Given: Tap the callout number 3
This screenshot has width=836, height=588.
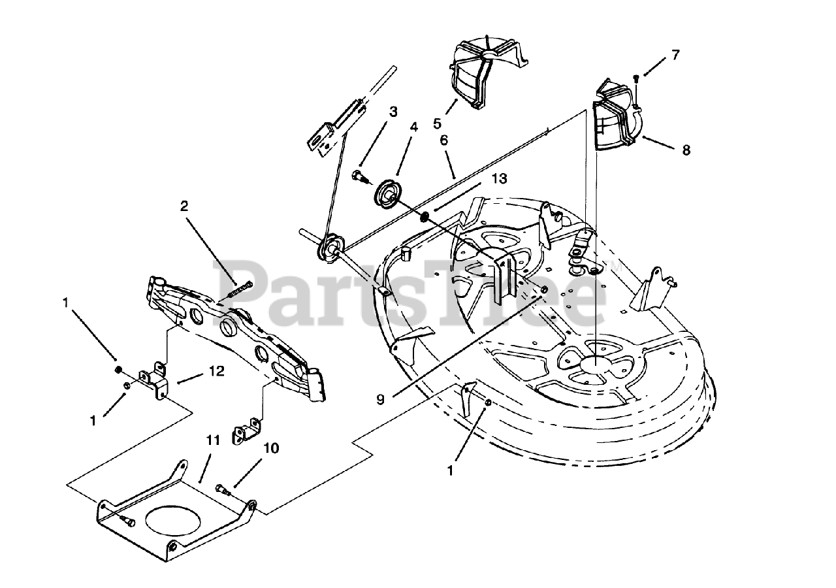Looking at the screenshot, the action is [393, 112].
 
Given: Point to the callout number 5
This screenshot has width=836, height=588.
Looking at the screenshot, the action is [436, 122].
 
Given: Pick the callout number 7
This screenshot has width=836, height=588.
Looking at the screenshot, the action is [675, 55].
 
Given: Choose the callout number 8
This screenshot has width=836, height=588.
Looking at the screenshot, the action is [686, 150].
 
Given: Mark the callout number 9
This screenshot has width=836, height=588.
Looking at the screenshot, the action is [380, 399].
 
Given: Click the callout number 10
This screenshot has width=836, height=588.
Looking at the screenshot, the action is [272, 448].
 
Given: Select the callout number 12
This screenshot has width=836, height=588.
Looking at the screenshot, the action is [216, 371].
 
